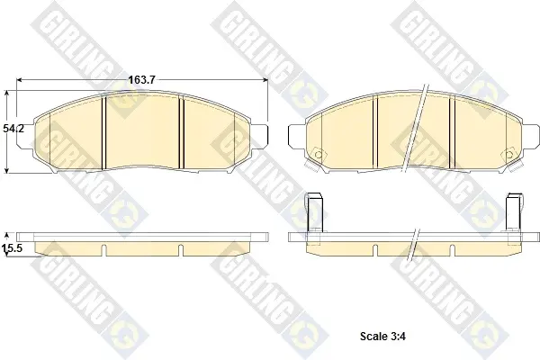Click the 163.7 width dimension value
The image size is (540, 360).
(142, 80)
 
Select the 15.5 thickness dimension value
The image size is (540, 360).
(13, 247)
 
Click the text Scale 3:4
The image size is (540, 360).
(382, 336)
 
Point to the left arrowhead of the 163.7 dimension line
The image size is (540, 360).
(19, 80)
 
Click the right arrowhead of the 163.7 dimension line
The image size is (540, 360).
(265, 80)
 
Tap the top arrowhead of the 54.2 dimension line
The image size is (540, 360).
(6, 94)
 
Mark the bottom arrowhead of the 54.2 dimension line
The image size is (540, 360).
(6, 170)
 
